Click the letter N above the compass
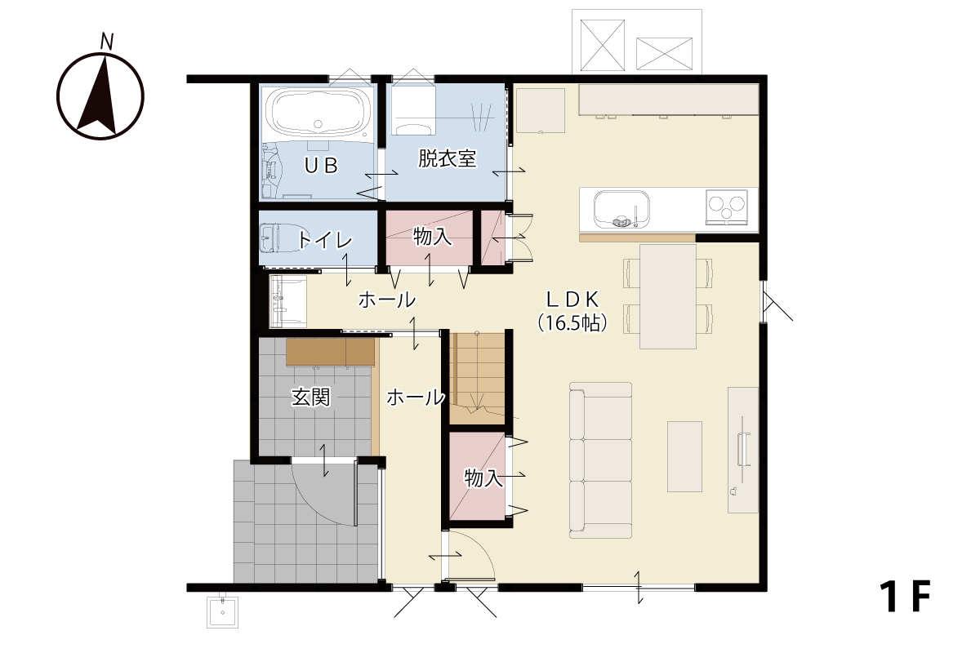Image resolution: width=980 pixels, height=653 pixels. pos(107,41)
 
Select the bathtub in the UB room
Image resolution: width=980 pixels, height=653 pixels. pos(318,112)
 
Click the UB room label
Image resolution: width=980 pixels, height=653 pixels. pos(321,166)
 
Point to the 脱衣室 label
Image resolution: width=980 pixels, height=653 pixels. pos(447,158)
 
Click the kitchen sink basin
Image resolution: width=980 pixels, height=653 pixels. pos(621,210)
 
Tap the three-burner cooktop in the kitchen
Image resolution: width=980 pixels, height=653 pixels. pos(727,207)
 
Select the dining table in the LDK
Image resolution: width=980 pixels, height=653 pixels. pos(668,296)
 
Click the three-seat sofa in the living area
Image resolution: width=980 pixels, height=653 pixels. pos(600,460)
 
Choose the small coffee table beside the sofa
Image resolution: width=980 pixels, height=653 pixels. pos(684,456)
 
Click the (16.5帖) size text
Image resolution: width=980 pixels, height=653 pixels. pos(572,323)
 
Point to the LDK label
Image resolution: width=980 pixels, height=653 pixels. pos(572,300)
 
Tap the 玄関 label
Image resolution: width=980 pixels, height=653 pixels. pos(310,398)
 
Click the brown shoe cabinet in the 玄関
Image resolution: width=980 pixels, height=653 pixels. pos(330,352)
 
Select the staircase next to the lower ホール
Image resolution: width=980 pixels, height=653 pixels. pos(477,378)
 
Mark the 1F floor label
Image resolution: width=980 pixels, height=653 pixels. pos(905,596)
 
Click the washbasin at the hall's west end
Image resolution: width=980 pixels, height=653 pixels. pos(287,301)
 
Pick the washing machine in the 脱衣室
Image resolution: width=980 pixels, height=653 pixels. pos(413,110)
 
